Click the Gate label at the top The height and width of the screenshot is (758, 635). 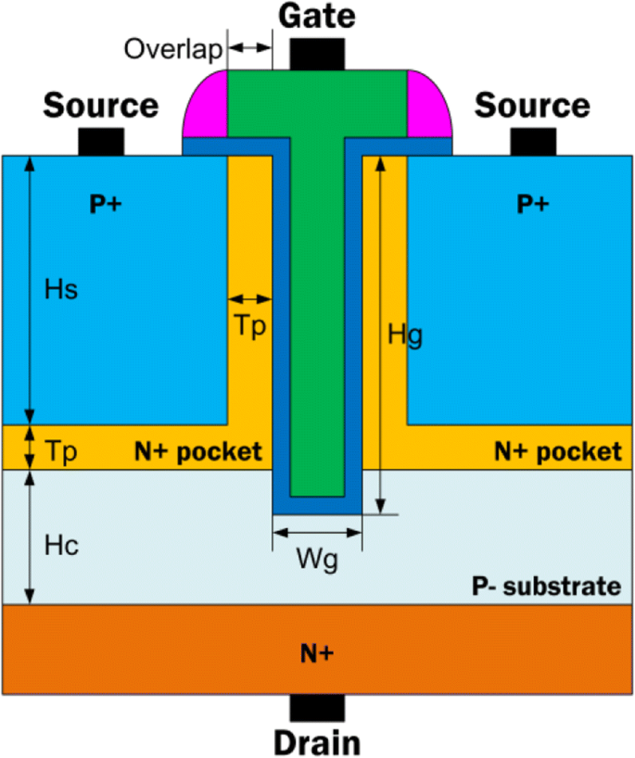tap(316, 16)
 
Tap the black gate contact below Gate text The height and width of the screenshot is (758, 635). tap(316, 54)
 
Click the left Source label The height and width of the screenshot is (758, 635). tap(101, 106)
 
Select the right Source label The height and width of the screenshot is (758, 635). tap(532, 106)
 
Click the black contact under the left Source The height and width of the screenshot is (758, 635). tap(101, 142)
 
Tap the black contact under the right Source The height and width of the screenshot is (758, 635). tap(532, 142)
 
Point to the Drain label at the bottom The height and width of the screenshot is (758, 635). tap(316, 742)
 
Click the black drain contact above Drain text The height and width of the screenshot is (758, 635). tap(316, 707)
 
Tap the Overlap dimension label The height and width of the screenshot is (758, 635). tap(172, 48)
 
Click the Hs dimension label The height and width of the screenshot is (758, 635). tap(61, 289)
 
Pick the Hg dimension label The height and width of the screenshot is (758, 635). tap(405, 335)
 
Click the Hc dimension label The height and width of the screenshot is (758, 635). tap(60, 546)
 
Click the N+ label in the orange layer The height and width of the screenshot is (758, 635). tap(316, 653)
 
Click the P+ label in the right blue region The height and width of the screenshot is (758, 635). tap(532, 206)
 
